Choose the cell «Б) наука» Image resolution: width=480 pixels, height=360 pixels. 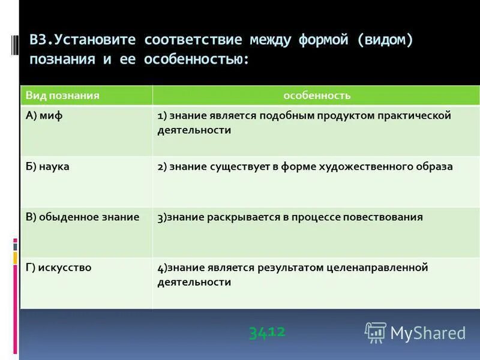click(47, 166)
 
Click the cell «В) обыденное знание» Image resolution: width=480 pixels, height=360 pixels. click(82, 217)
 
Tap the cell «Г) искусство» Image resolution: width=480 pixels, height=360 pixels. click(58, 268)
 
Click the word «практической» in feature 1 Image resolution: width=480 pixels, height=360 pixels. click(413, 116)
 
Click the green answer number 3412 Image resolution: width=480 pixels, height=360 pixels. click(267, 332)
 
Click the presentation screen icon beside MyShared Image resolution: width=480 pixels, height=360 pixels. click(376, 332)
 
